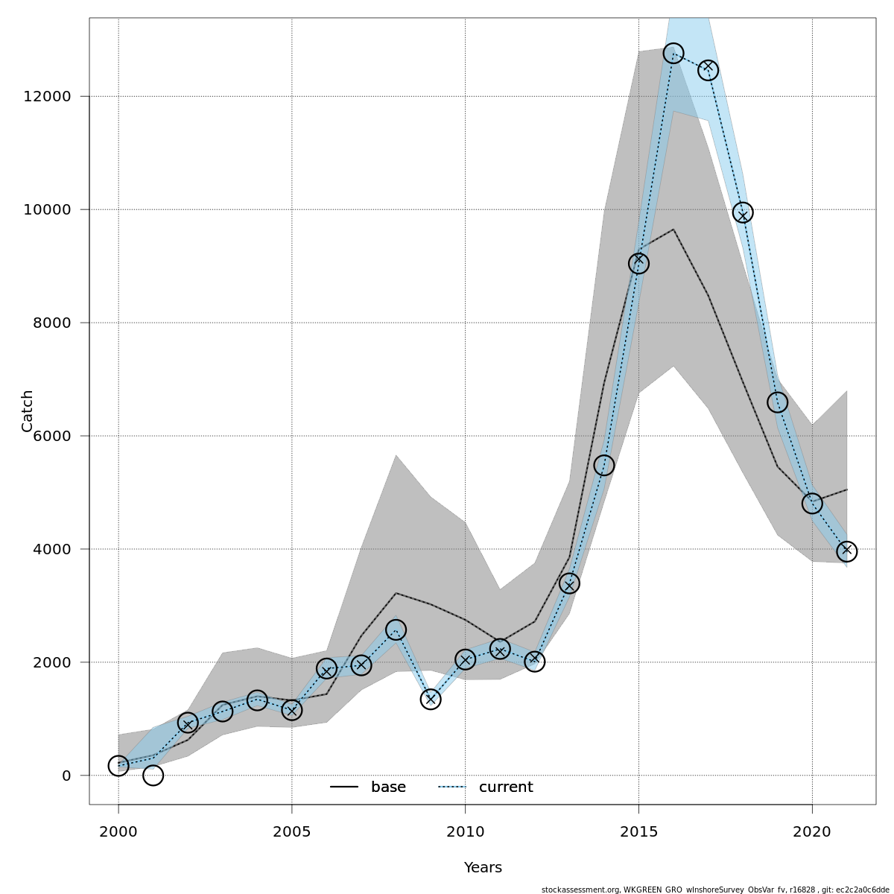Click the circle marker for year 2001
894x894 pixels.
tap(153, 776)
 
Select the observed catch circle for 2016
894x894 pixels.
tap(673, 54)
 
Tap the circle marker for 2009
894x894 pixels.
tap(431, 699)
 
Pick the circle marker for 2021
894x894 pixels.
tap(846, 551)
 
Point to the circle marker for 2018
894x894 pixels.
tap(743, 212)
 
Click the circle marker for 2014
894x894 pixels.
tap(604, 465)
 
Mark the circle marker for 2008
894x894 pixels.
tap(396, 630)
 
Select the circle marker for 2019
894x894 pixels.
tap(777, 402)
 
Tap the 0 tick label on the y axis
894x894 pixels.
tap(66, 776)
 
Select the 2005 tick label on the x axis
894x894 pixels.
tap(292, 831)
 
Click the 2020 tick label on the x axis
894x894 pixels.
tap(812, 831)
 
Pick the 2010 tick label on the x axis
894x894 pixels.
tap(466, 831)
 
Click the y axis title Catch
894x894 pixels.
tap(28, 411)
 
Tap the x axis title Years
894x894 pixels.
tap(483, 868)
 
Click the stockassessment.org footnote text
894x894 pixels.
tap(715, 890)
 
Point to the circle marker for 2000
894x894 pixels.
tap(118, 765)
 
